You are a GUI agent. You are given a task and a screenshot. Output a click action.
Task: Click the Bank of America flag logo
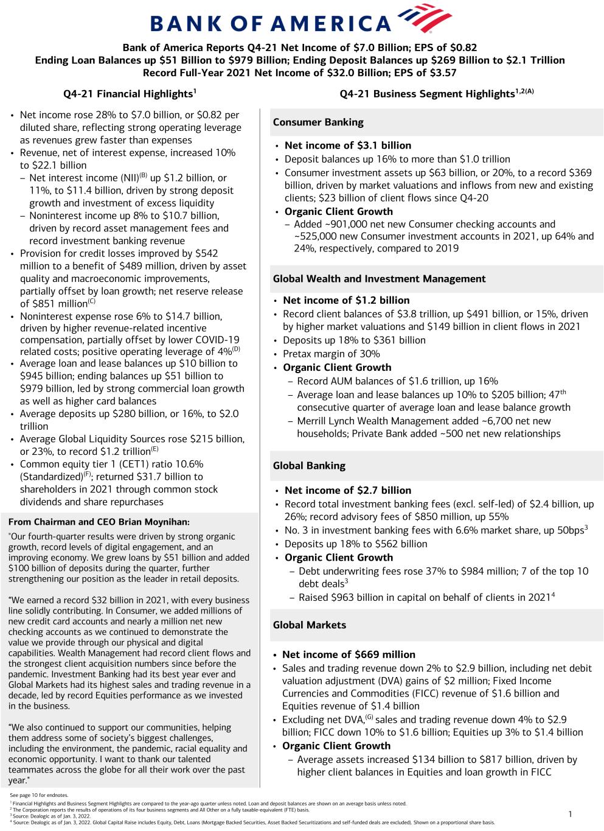click(x=423, y=18)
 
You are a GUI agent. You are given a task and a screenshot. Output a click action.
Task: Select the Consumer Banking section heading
click(x=318, y=122)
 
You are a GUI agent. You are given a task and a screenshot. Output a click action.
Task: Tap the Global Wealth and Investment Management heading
click(x=379, y=279)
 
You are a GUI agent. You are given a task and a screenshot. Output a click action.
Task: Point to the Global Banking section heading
click(x=309, y=466)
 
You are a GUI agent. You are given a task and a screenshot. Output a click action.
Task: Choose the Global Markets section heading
click(x=309, y=625)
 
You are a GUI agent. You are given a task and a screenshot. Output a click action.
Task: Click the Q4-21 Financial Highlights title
click(x=130, y=94)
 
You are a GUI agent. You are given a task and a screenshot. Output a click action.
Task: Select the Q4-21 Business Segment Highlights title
click(x=437, y=94)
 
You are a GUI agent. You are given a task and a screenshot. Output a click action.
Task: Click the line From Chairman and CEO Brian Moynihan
click(x=99, y=522)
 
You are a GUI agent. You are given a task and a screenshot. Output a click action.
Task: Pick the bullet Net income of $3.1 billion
click(x=348, y=146)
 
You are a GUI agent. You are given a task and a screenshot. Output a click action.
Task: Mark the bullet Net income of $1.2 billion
click(x=346, y=300)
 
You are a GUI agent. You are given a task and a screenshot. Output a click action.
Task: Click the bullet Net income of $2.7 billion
click(x=348, y=490)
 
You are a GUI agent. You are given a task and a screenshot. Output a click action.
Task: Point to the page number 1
click(x=570, y=814)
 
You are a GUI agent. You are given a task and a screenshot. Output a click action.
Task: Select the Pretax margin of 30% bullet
click(x=332, y=354)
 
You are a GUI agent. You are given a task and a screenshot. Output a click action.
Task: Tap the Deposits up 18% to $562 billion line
click(x=356, y=544)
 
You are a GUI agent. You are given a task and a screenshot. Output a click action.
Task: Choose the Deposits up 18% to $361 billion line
click(x=354, y=340)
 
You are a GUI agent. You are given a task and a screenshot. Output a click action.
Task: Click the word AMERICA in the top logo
click(x=330, y=24)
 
